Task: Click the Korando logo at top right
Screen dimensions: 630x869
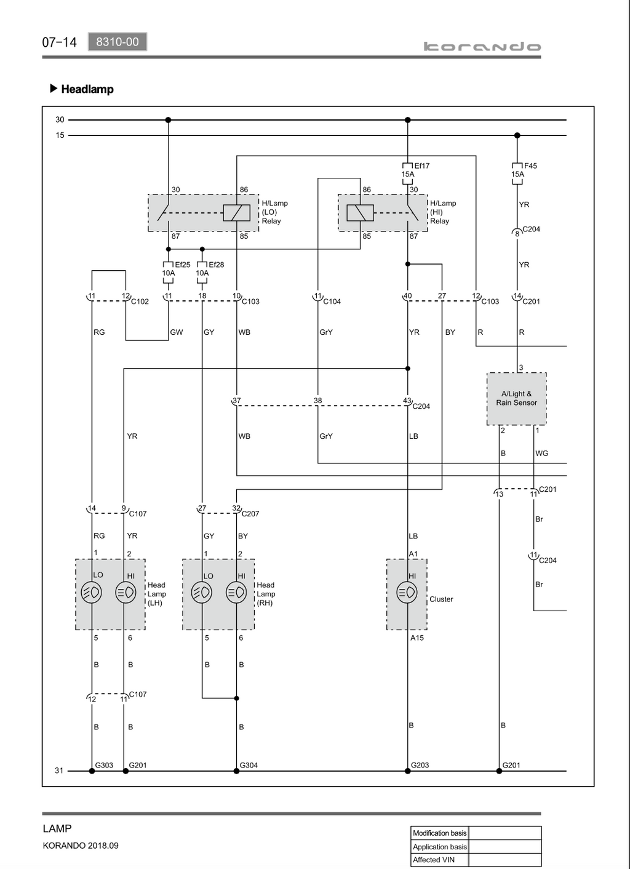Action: [482, 47]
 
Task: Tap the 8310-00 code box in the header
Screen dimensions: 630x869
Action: [118, 41]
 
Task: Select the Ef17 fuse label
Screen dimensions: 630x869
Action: [421, 166]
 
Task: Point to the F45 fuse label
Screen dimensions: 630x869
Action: [530, 166]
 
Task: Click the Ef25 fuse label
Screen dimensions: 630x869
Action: [182, 265]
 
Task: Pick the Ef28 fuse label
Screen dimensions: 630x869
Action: [216, 265]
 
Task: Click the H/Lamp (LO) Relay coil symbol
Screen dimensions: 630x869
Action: [236, 212]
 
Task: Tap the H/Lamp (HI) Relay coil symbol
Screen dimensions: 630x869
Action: [360, 212]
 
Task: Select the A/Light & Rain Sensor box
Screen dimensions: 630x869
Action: [516, 399]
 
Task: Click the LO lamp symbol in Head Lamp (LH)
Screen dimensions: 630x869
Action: [92, 593]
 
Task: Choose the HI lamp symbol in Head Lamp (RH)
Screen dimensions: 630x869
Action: [236, 593]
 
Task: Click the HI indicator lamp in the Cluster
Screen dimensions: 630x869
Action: [407, 593]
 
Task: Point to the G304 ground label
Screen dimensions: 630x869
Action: [249, 765]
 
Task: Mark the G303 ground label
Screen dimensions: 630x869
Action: [104, 765]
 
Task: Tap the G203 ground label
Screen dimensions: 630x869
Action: [420, 765]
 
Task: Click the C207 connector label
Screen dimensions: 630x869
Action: [250, 514]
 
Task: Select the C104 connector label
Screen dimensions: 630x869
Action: [332, 302]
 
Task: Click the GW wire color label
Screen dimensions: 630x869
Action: [177, 332]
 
